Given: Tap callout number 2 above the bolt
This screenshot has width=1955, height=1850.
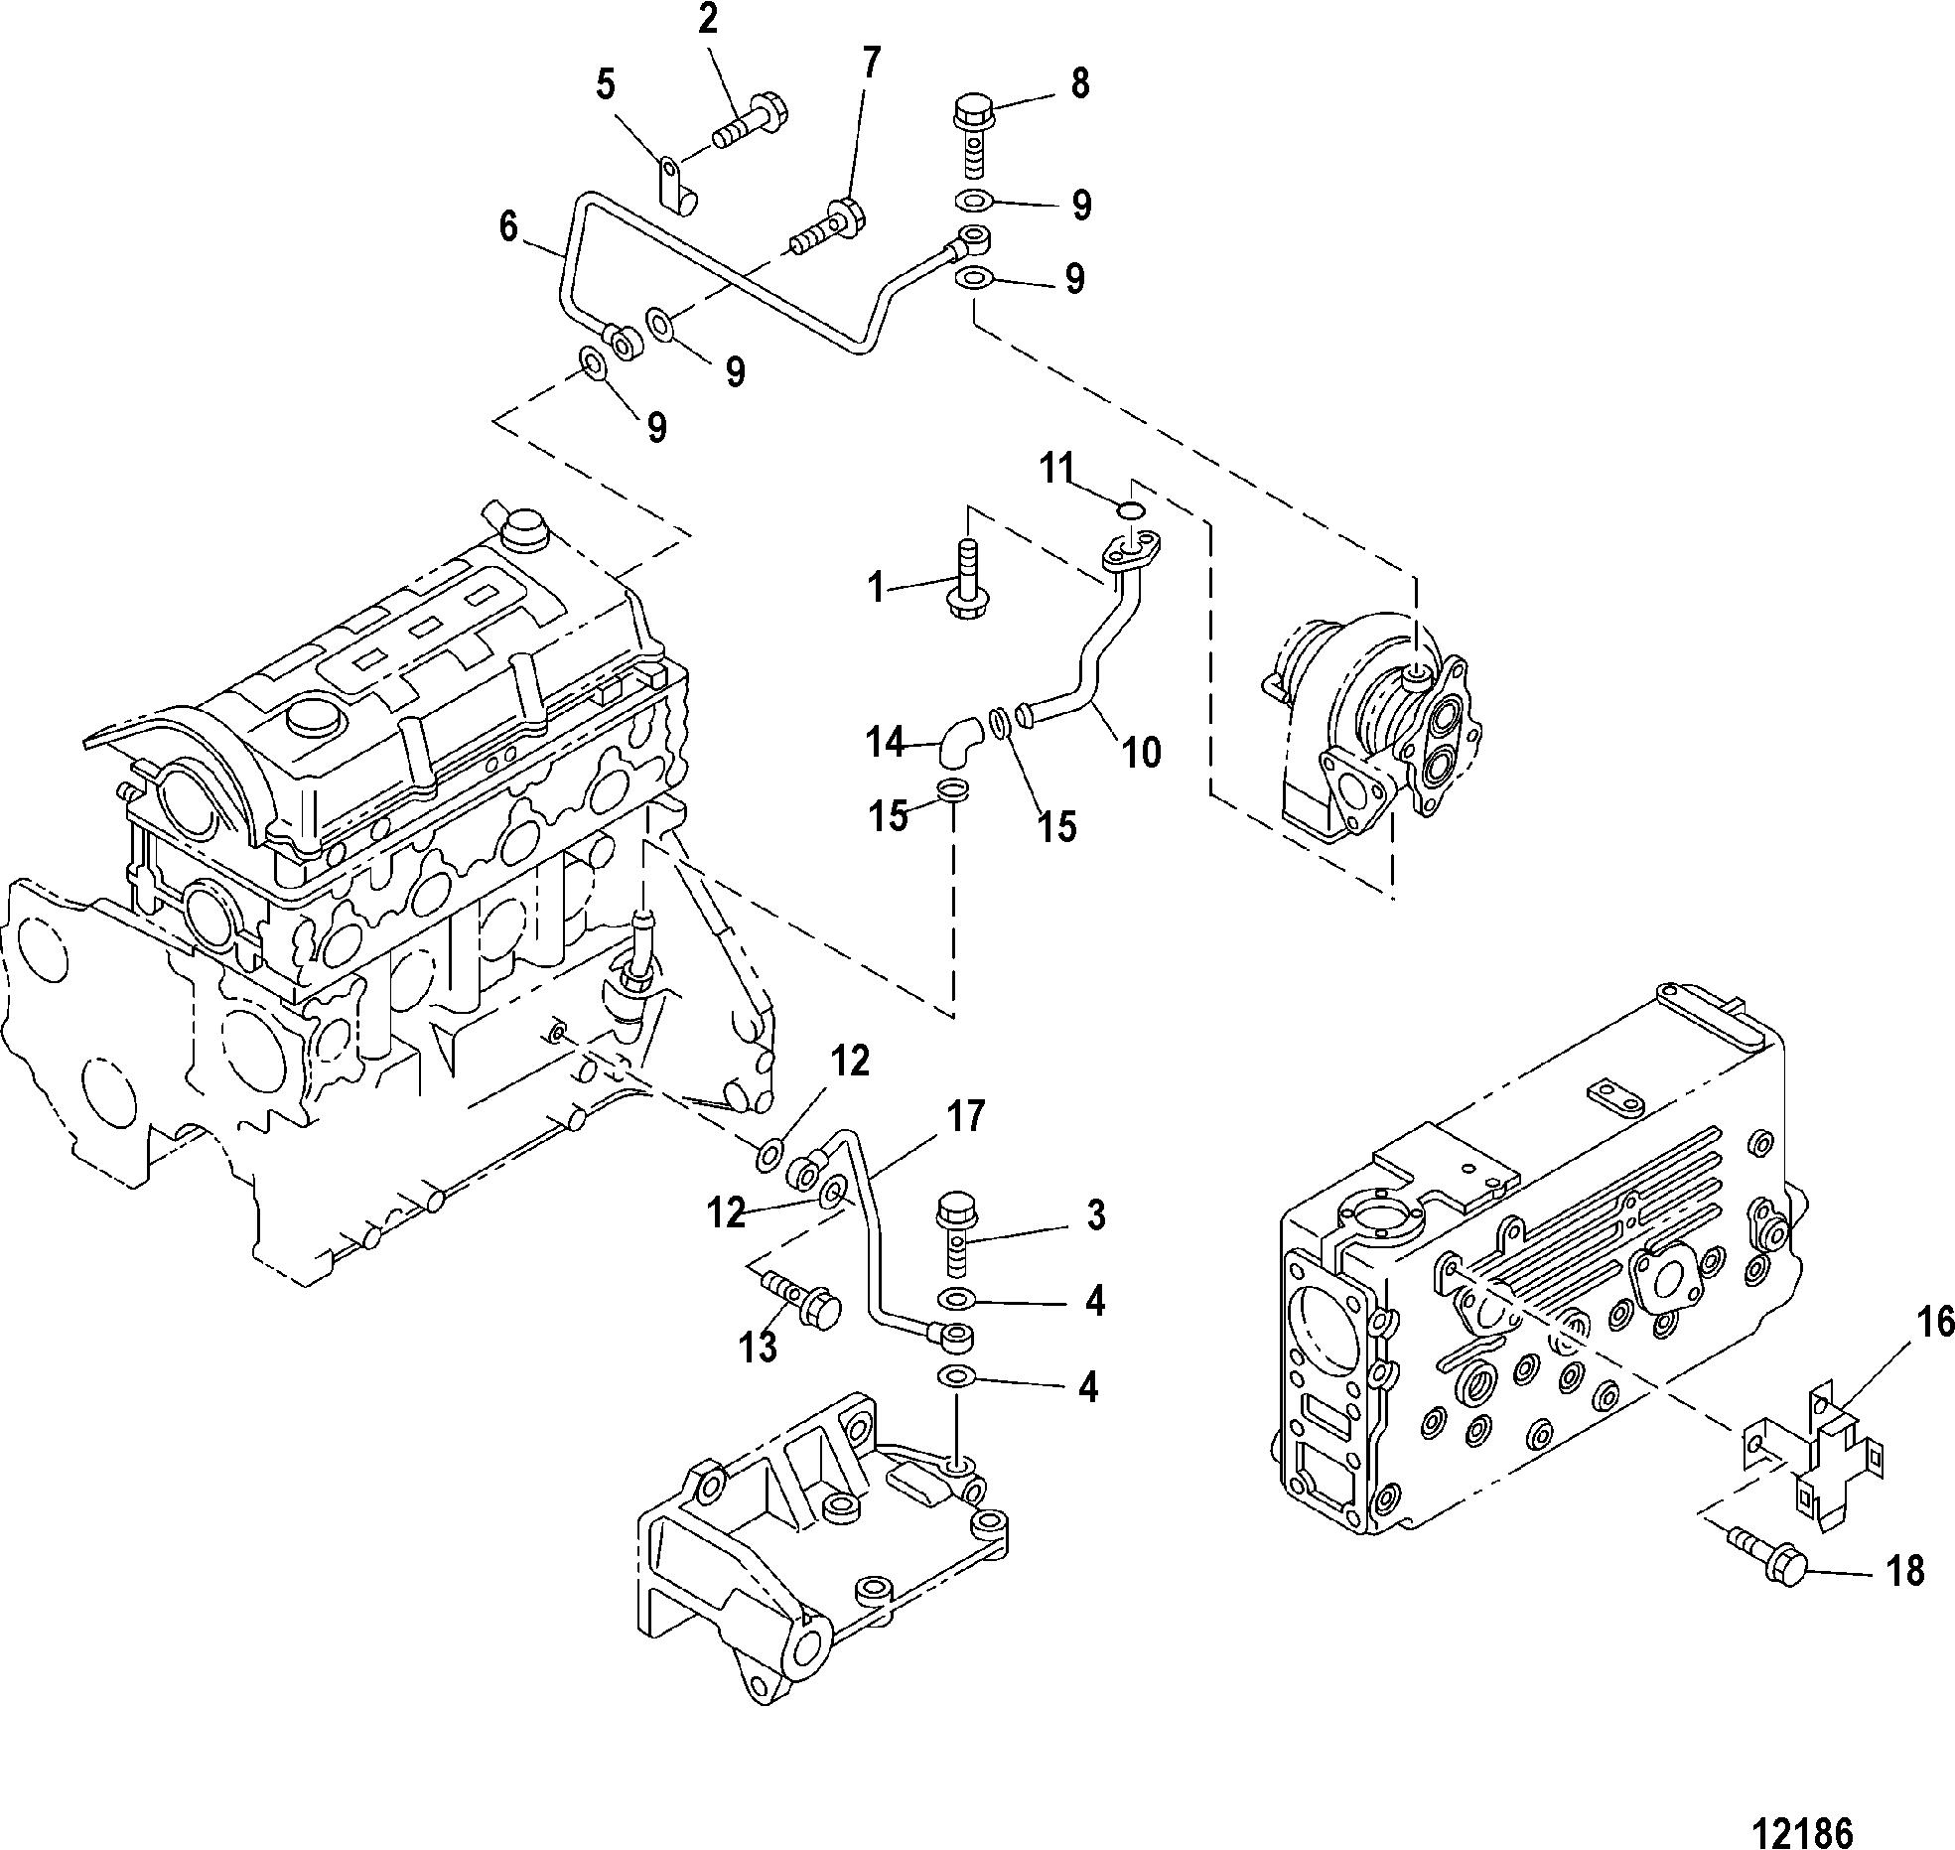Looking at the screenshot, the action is pyautogui.click(x=708, y=19).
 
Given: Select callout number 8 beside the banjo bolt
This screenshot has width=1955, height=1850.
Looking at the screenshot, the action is pyautogui.click(x=1080, y=82).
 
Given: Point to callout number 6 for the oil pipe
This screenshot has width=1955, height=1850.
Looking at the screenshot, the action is pyautogui.click(x=508, y=227).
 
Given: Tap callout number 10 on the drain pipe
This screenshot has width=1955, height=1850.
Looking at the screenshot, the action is pyautogui.click(x=1142, y=754).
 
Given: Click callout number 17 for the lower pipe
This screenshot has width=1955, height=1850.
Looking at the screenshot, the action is pyautogui.click(x=964, y=1116).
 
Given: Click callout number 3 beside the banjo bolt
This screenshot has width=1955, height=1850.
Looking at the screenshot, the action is pyautogui.click(x=1095, y=1215).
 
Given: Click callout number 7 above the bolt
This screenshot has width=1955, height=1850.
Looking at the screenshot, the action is pyautogui.click(x=870, y=63).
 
